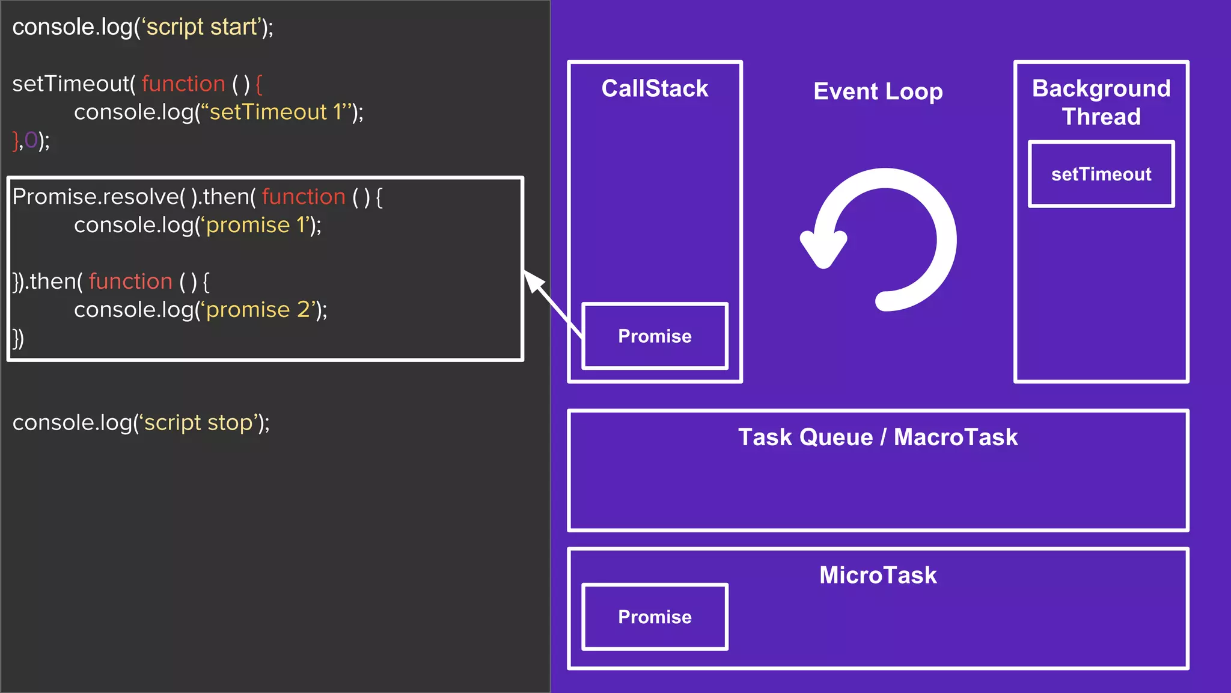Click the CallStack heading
(x=655, y=89)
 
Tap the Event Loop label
(x=878, y=92)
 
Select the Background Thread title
(x=1101, y=102)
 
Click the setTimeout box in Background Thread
(x=1101, y=174)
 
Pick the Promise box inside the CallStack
(x=655, y=336)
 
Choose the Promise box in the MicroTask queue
(x=655, y=617)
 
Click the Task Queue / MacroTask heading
(x=878, y=437)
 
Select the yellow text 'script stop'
(x=198, y=423)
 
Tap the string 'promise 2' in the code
(x=259, y=310)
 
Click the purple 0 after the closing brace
(x=31, y=141)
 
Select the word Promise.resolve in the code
(x=95, y=197)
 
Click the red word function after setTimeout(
(x=183, y=84)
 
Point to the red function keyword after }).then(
(x=130, y=282)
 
